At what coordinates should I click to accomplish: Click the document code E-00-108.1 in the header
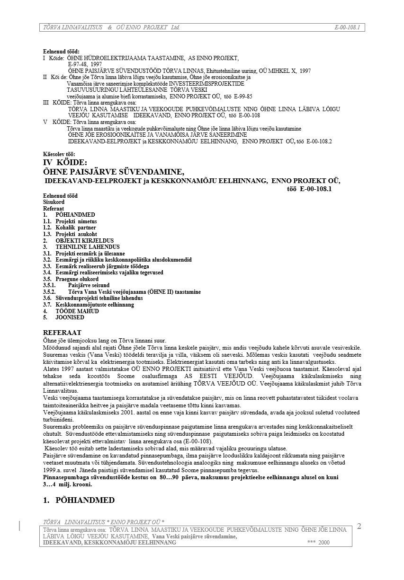click(x=347, y=27)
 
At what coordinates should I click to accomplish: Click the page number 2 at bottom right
click(x=359, y=527)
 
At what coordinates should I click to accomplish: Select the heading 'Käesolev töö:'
click(x=59, y=154)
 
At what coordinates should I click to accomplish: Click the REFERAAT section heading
click(x=62, y=333)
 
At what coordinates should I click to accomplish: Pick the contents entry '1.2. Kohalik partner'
click(x=70, y=228)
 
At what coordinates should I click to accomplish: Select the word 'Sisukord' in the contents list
click(x=54, y=202)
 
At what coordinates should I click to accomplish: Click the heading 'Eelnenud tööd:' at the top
click(x=61, y=52)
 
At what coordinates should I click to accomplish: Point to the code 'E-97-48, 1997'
click(x=85, y=64)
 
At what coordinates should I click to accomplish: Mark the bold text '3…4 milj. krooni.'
click(x=67, y=484)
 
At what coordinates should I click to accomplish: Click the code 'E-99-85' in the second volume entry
click(x=243, y=96)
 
